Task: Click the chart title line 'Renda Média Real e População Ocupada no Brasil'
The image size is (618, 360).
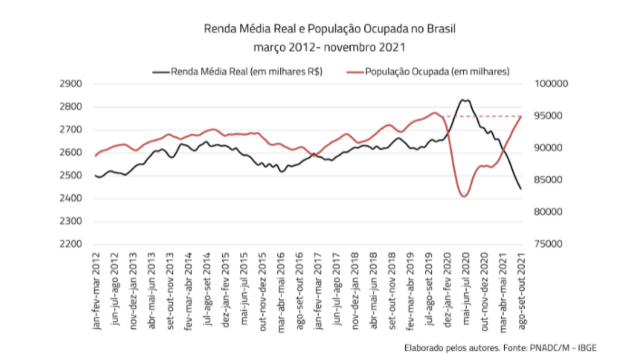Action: tap(330, 29)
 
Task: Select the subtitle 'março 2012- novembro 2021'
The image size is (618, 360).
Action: tap(330, 47)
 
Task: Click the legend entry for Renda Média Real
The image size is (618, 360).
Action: tap(237, 72)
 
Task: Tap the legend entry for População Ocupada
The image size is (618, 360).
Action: tap(428, 72)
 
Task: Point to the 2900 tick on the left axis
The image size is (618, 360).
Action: tap(71, 84)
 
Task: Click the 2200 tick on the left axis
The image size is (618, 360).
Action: tap(71, 244)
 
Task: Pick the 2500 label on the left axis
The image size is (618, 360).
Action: tap(71, 175)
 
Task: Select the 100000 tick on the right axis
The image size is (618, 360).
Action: tap(551, 84)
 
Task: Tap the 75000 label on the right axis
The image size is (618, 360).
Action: tap(548, 244)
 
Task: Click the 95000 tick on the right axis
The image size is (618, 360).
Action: tap(548, 116)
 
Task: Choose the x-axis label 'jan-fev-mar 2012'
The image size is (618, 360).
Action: tap(96, 291)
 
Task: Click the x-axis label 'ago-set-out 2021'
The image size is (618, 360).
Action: tap(522, 291)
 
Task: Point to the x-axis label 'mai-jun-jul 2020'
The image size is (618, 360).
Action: tap(467, 289)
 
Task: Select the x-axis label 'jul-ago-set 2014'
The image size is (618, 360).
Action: tap(208, 289)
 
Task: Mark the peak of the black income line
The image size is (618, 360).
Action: tap(465, 100)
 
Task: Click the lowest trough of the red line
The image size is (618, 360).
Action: tap(464, 196)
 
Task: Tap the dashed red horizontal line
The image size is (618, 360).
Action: tap(482, 116)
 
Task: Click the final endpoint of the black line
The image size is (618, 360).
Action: tap(521, 189)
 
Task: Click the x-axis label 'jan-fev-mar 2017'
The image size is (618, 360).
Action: tap(318, 291)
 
